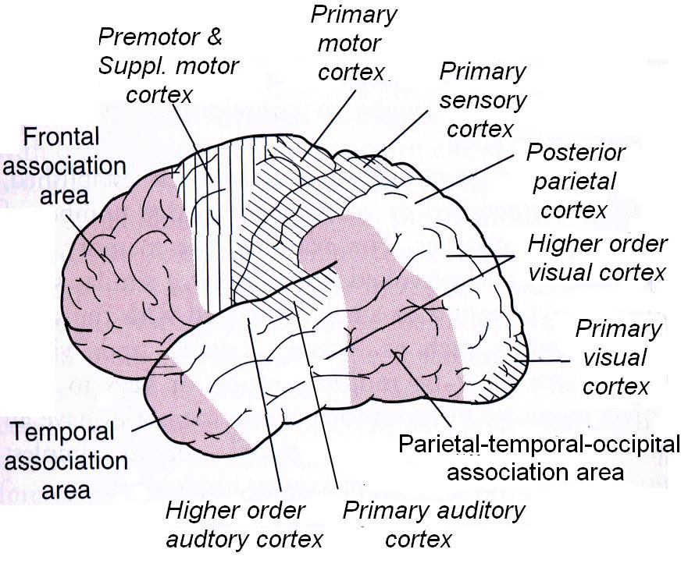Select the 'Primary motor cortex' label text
tap(353, 41)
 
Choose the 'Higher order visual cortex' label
tap(597, 258)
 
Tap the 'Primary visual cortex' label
tap(617, 357)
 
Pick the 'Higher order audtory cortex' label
tap(244, 525)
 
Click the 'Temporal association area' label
tap(65, 460)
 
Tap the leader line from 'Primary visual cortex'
tap(547, 360)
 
